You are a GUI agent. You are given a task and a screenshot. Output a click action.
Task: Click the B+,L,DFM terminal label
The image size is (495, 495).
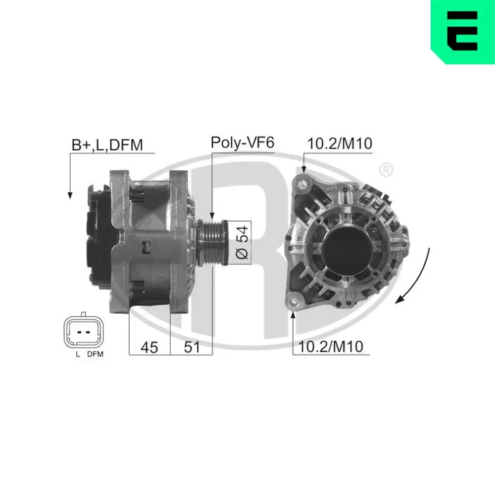click(107, 145)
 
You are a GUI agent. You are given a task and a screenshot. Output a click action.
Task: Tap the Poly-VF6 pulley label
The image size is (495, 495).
click(242, 143)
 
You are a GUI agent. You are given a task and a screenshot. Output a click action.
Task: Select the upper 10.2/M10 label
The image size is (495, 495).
click(340, 144)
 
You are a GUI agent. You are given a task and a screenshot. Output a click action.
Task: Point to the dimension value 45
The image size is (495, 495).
click(149, 347)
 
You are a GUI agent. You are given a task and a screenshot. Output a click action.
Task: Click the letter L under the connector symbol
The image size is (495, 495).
click(78, 354)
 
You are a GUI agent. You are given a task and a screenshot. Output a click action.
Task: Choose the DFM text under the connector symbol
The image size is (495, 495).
click(95, 354)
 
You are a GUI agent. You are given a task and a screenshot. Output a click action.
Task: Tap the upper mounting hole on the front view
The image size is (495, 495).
click(303, 184)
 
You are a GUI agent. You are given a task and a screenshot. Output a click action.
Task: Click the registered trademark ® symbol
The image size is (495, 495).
click(386, 170)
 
